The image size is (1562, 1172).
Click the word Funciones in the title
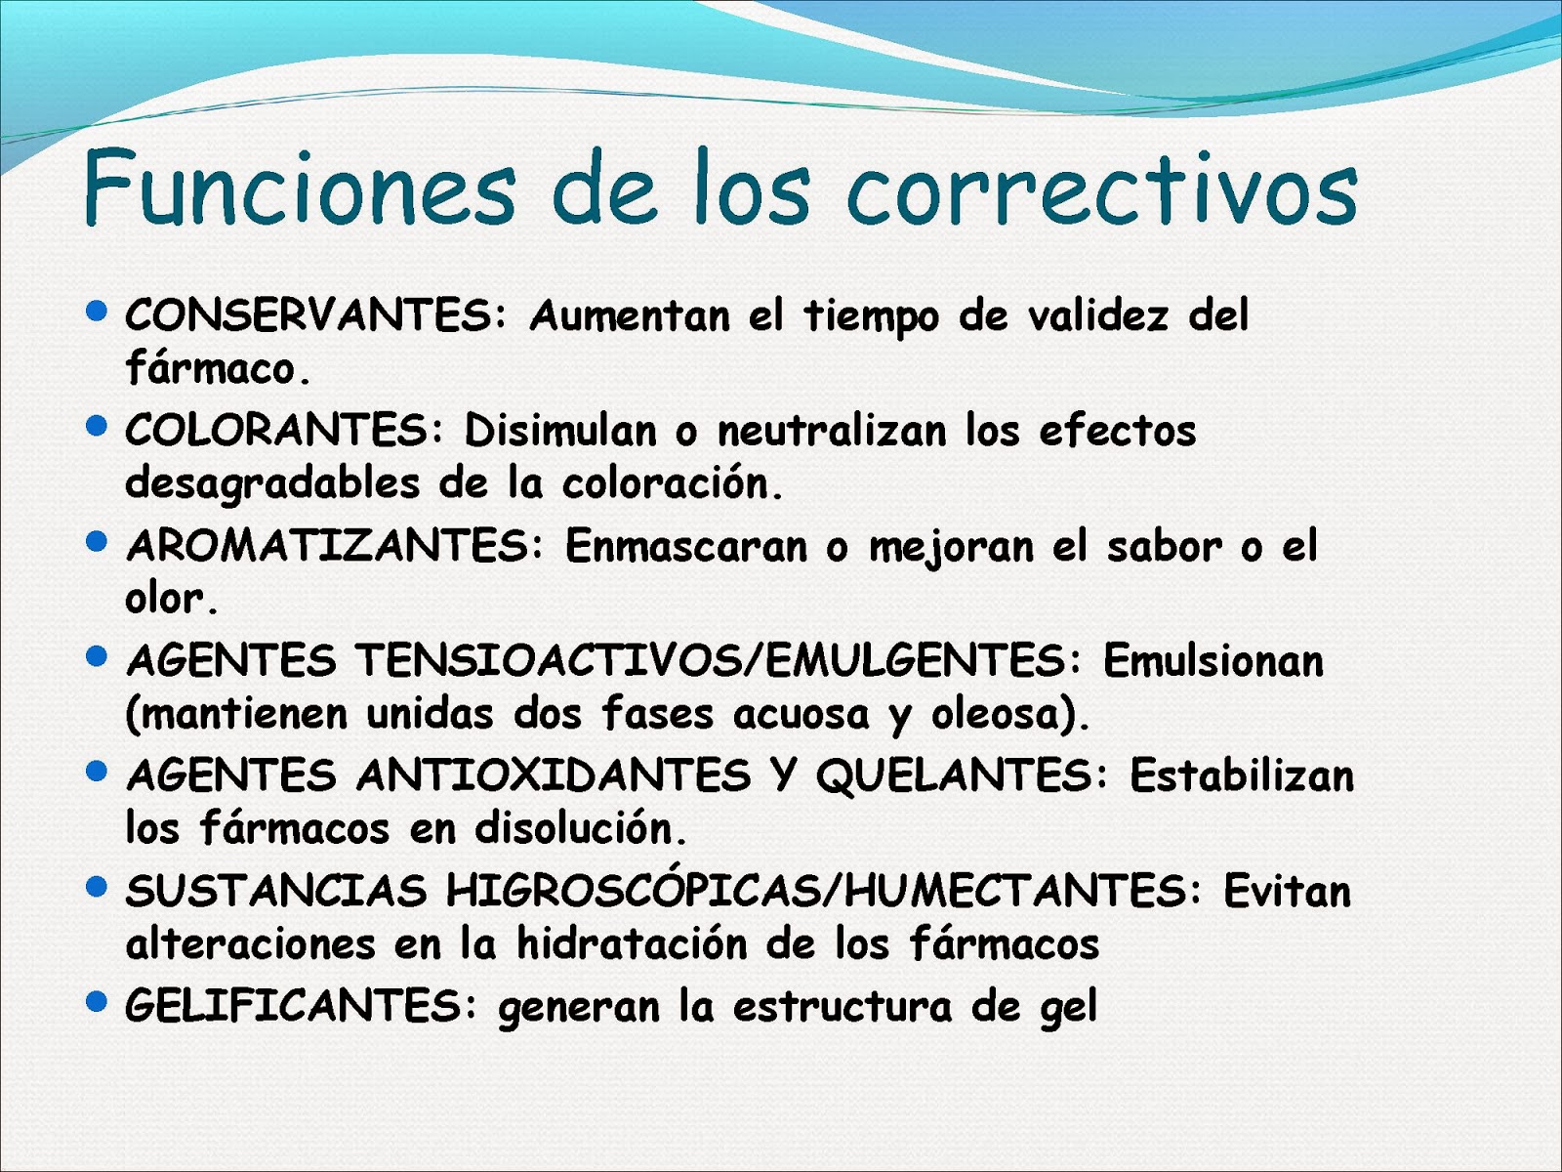tap(299, 188)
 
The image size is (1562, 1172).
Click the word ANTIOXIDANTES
tap(553, 776)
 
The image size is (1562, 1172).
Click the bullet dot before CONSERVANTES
tap(96, 312)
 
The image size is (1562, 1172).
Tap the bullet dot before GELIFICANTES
tap(96, 1002)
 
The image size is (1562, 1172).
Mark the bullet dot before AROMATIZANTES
tap(96, 542)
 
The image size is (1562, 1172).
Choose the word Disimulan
tap(560, 431)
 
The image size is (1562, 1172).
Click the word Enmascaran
tap(686, 546)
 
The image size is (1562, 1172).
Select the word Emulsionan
tap(1213, 661)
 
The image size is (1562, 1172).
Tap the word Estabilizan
tap(1242, 776)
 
